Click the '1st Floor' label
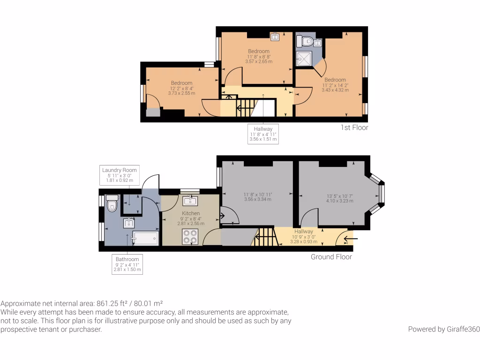(354, 127)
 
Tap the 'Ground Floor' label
(331, 257)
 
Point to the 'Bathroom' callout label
(127, 259)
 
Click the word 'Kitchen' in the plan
(191, 213)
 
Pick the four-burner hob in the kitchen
(191, 237)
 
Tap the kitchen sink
(190, 201)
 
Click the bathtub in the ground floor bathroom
(145, 239)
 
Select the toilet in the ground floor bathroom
(112, 204)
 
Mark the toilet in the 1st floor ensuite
(307, 42)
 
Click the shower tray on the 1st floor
(304, 59)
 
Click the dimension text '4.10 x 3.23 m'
(340, 201)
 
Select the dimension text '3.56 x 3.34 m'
(258, 199)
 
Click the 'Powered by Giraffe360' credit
(443, 329)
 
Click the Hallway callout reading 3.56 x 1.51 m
(263, 139)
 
